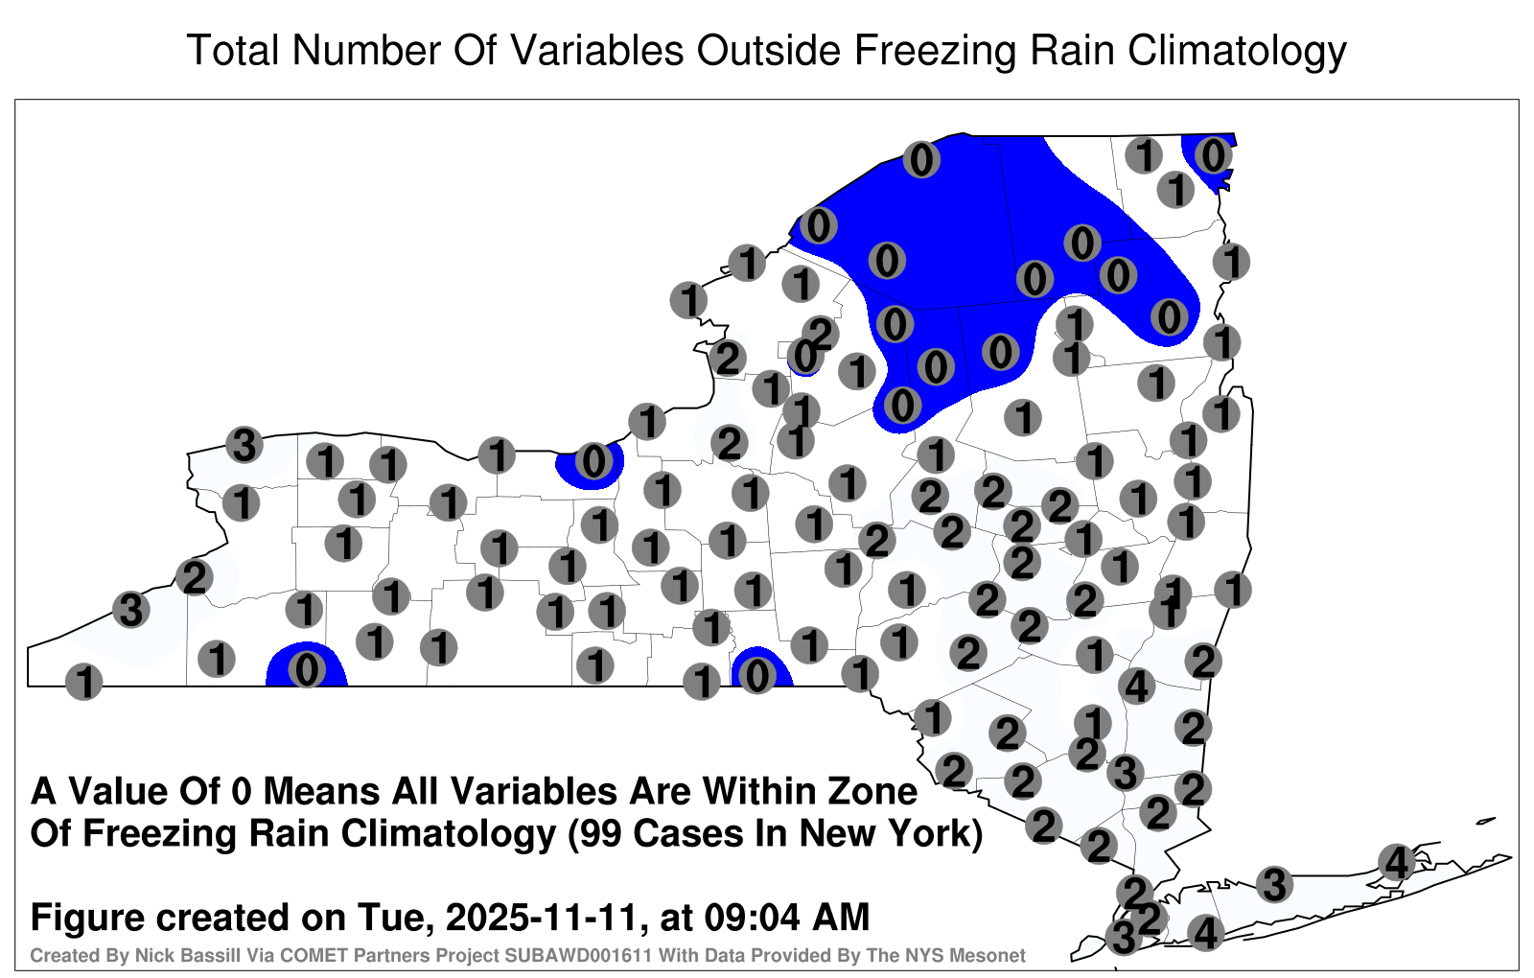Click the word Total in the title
coord(232,50)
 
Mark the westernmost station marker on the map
coord(83,682)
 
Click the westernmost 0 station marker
coord(306,670)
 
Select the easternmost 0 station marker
coord(1213,155)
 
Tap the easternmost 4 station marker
coord(1396,862)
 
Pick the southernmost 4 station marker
coord(1205,933)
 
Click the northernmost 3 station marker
coord(244,445)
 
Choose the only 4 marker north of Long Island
coord(1136,685)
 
